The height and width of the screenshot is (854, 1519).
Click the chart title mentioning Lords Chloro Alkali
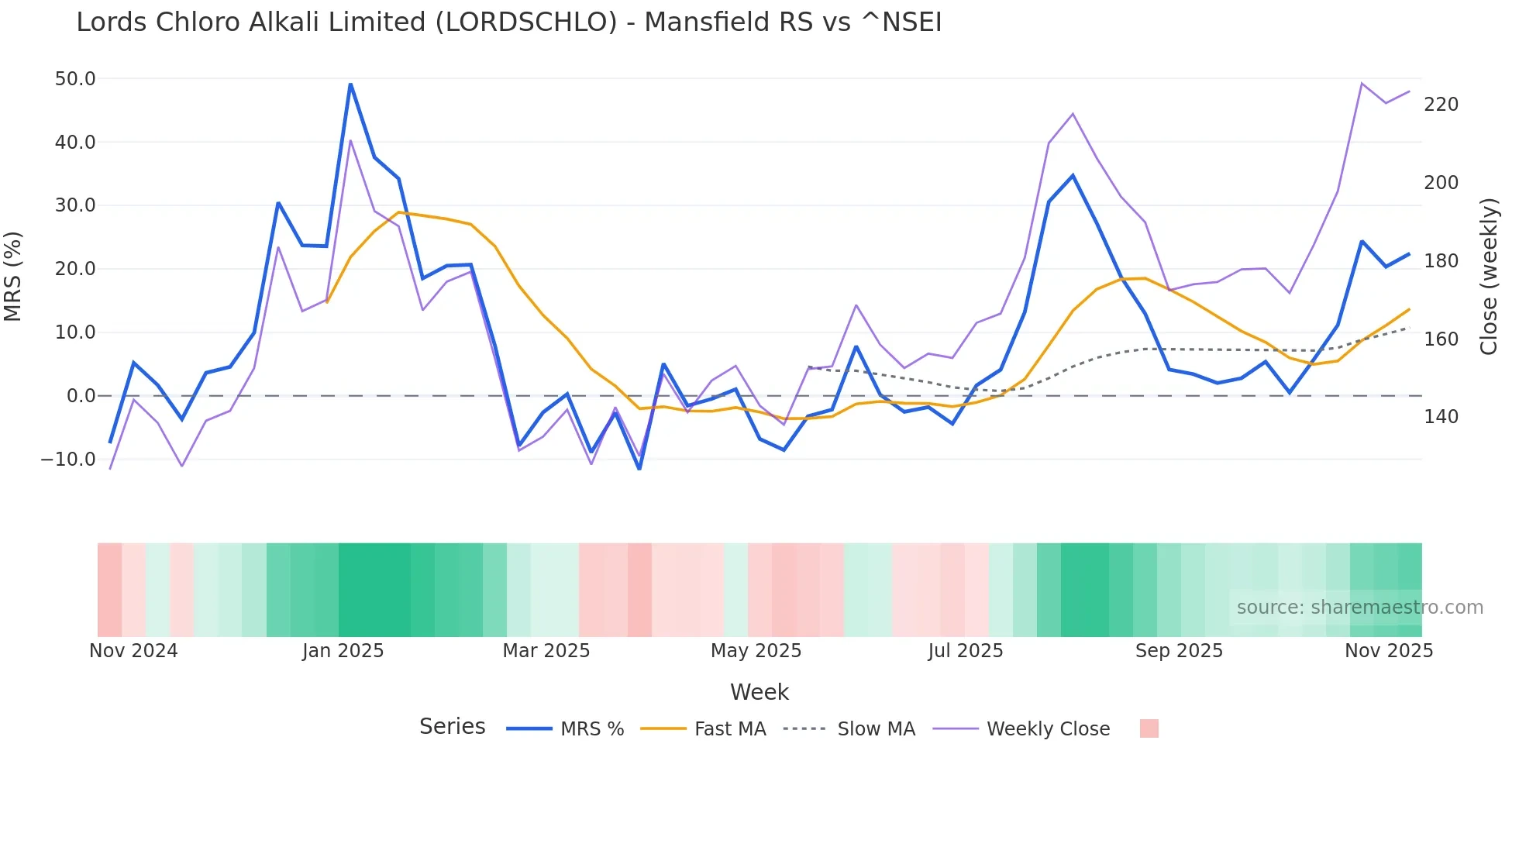508,22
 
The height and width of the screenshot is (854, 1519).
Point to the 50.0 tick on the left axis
75,79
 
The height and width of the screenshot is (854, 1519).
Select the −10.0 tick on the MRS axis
68,460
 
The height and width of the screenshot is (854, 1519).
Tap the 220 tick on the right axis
1441,105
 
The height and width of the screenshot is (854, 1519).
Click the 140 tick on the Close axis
1441,417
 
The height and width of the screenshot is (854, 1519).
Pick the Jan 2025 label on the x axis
343,651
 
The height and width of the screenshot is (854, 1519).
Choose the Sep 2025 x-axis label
1179,651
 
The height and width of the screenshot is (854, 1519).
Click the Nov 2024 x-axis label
133,651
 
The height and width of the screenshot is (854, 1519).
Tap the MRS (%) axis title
13,276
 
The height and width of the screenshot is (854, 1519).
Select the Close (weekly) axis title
1489,276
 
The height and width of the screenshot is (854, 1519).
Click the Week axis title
759,693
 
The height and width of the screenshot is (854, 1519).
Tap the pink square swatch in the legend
1149,728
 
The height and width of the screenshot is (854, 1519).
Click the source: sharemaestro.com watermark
1359,608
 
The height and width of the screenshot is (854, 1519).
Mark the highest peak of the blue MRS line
350,84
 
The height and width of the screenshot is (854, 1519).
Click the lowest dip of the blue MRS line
639,468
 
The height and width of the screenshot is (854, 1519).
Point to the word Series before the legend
452,727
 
